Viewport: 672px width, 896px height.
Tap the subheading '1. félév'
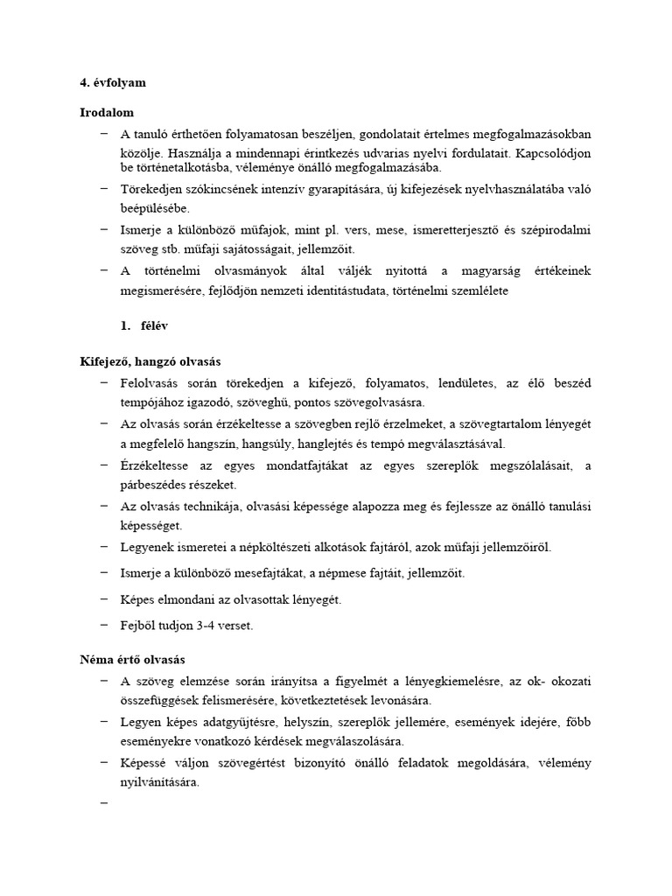pyautogui.click(x=145, y=325)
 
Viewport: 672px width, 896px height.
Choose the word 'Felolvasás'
pyautogui.click(x=151, y=382)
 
